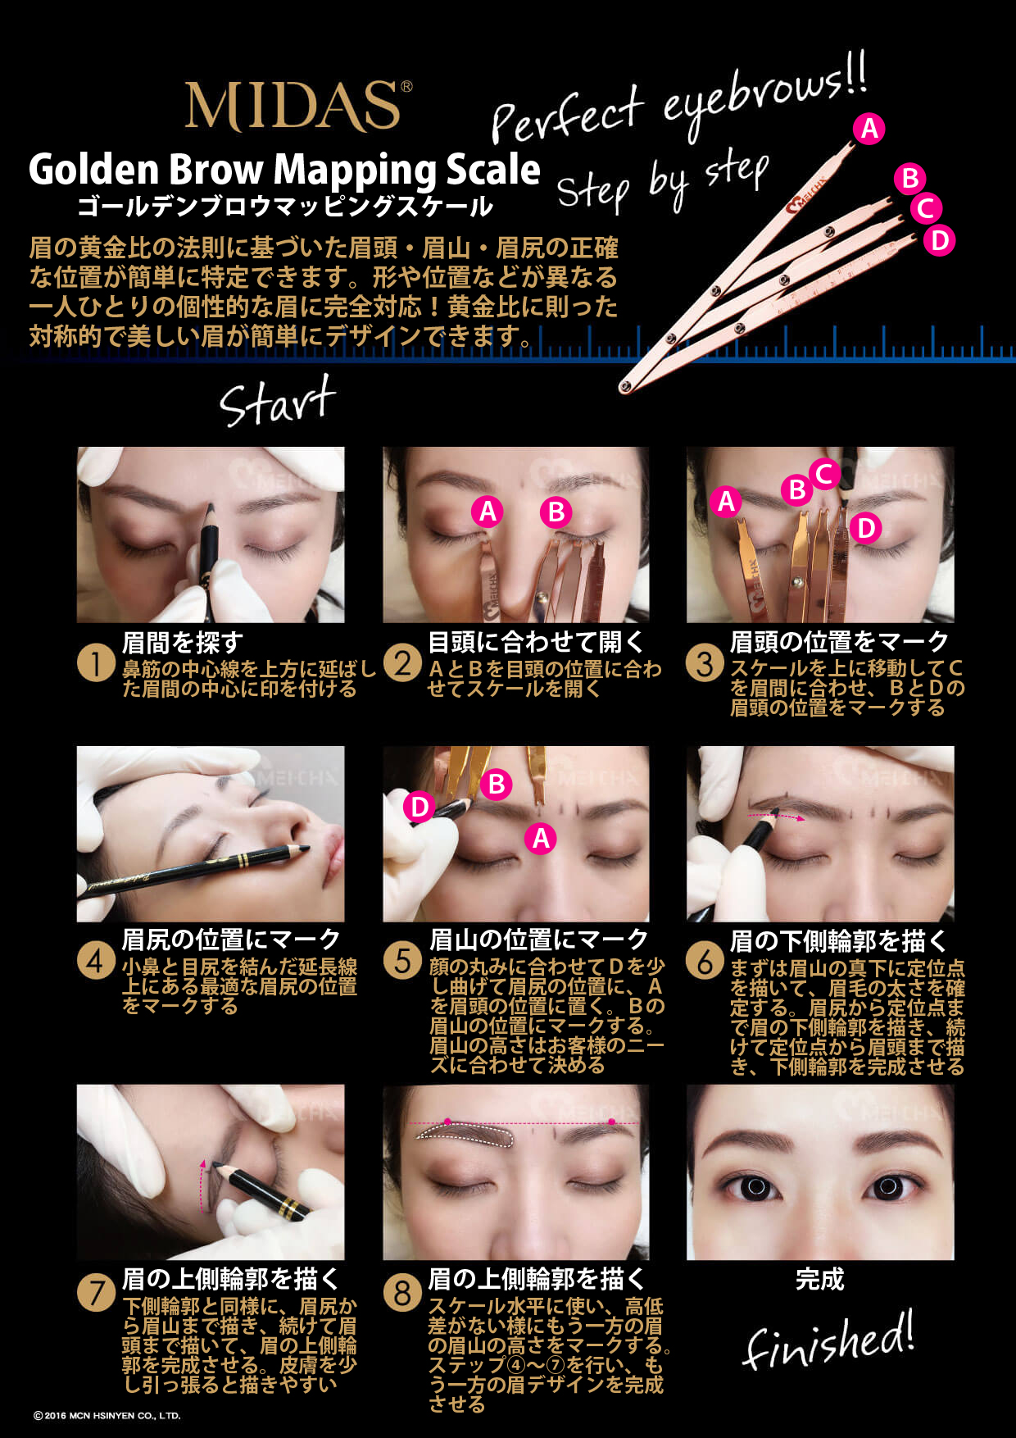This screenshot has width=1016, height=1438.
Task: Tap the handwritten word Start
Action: coord(278,401)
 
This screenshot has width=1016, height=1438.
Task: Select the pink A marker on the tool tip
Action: coord(869,129)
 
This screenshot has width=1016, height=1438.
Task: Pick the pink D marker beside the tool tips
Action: coord(939,240)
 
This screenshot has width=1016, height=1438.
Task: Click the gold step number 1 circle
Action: coord(95,663)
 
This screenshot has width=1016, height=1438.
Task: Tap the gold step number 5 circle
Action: coord(401,960)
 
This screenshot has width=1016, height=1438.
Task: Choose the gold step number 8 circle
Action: coord(401,1293)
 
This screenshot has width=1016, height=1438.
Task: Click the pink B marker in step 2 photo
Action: coord(556,512)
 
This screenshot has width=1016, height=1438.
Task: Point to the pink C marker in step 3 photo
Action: coord(824,473)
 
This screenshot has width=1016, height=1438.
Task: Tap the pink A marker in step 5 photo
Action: coord(541,838)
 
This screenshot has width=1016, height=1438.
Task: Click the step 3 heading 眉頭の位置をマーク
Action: coord(839,641)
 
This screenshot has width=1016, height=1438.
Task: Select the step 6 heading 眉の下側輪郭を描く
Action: coord(839,940)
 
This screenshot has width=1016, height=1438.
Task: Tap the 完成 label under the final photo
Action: coord(819,1279)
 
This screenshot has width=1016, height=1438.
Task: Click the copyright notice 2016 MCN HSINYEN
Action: coord(107,1415)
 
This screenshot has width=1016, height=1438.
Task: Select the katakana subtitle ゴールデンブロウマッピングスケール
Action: coord(284,206)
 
